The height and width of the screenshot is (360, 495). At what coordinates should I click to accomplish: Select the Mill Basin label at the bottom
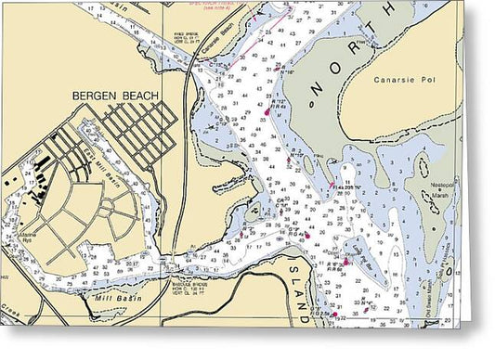tap(116, 298)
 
